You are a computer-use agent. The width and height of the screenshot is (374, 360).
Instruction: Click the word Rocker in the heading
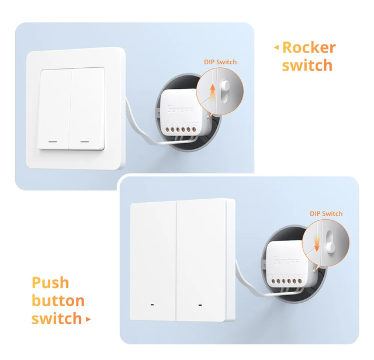pos(309,47)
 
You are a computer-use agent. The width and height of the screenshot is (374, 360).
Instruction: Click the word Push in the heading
pos(50,283)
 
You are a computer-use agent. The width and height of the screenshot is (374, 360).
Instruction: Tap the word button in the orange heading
pos(58,300)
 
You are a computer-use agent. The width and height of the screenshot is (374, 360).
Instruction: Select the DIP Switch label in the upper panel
pos(220,62)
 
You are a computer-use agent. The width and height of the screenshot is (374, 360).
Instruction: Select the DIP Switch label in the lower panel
pos(326,213)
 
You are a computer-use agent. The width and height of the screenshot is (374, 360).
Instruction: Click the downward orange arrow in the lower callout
pos(317,244)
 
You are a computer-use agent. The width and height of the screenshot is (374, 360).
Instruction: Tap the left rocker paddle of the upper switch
pos(55,109)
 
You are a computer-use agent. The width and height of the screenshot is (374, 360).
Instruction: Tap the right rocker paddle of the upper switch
pos(87,109)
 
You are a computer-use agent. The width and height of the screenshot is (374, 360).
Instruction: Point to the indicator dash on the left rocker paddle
pos(53,141)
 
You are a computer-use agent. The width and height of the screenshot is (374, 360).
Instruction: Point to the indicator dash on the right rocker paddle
pos(85,141)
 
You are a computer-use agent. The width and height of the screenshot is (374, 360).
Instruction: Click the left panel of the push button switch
pos(153,261)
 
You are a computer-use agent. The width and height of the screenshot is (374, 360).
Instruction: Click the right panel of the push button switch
pos(202,260)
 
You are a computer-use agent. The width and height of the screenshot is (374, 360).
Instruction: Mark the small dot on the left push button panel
pos(152,305)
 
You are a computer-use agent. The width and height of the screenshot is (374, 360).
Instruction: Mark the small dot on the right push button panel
pos(200,305)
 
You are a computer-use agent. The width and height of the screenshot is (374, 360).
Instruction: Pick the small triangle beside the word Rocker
pos(276,47)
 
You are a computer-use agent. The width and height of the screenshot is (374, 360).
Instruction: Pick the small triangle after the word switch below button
pos(88,319)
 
